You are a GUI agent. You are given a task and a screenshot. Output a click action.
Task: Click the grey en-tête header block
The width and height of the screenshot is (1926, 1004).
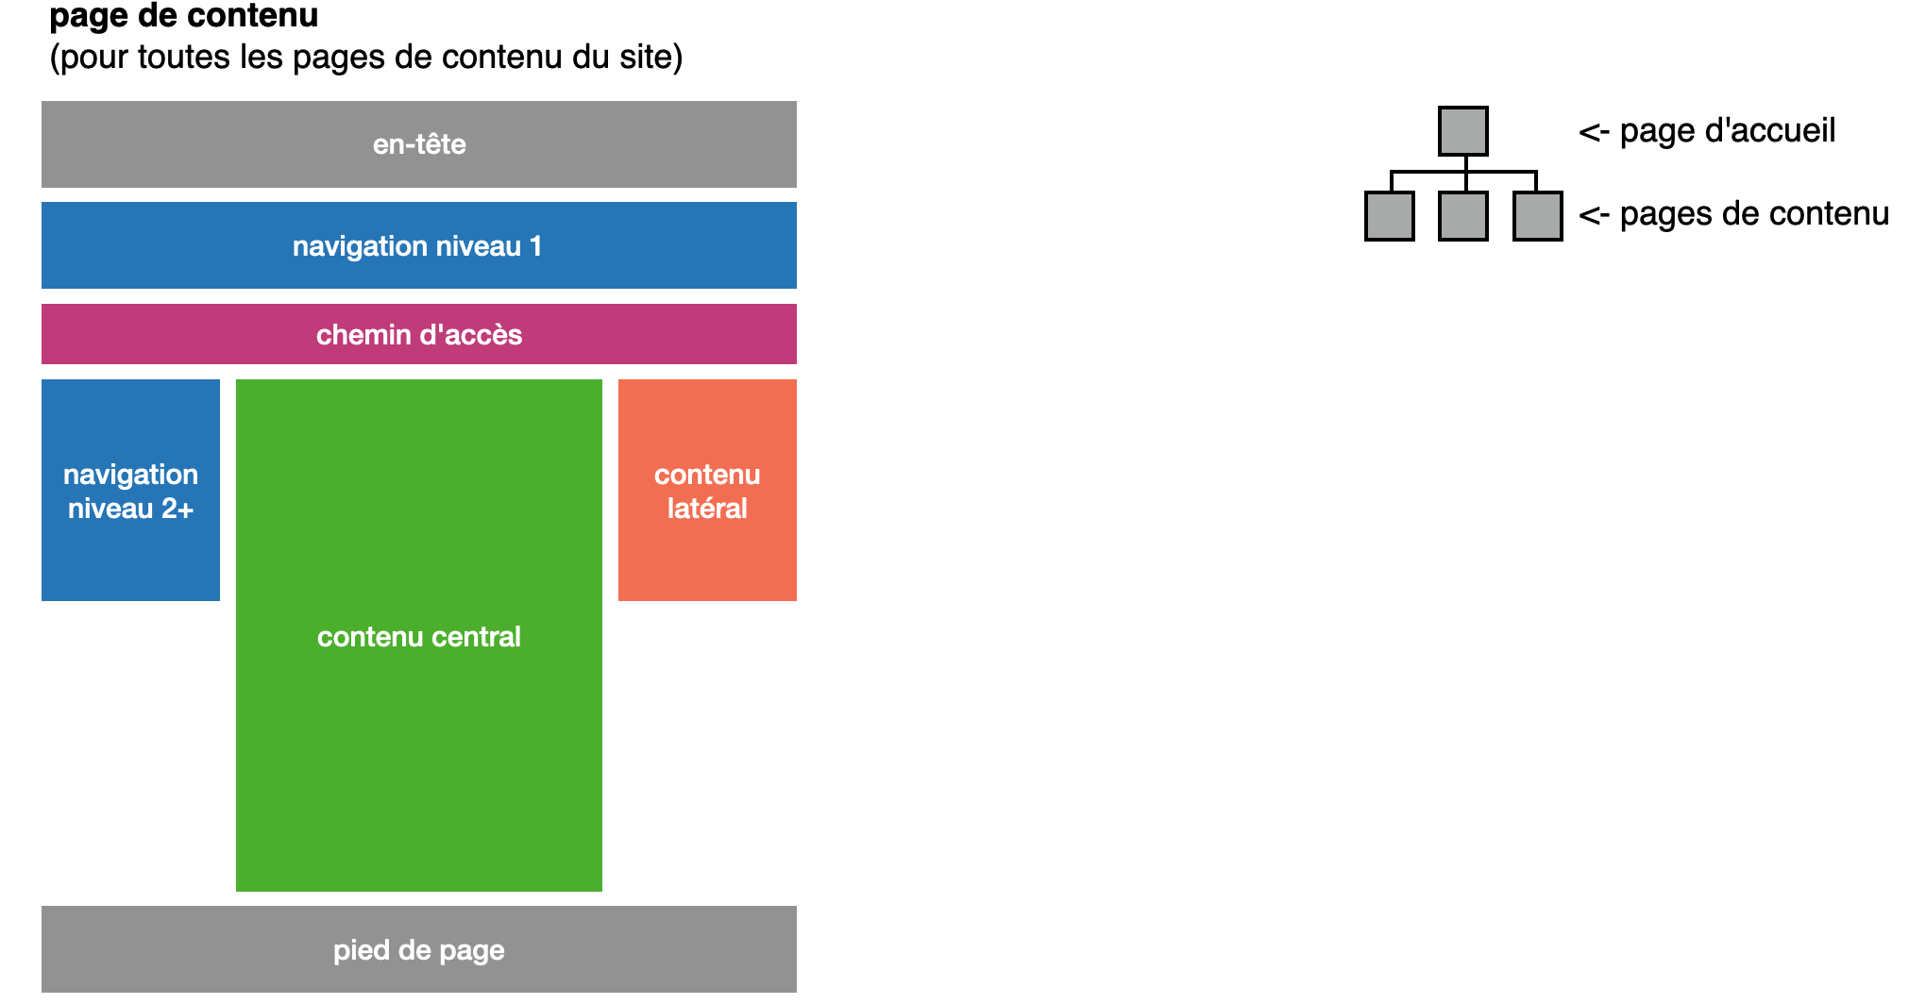[x=418, y=144]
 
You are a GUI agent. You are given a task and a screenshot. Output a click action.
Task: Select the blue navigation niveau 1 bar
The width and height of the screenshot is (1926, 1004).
[x=418, y=245]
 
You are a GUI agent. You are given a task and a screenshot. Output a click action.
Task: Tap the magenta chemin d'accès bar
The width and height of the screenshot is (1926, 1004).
[x=418, y=334]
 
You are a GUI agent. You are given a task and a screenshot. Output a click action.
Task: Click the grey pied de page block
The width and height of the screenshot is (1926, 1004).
[x=418, y=949]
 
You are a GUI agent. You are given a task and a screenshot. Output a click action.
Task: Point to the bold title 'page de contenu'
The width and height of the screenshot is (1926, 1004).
[x=183, y=16]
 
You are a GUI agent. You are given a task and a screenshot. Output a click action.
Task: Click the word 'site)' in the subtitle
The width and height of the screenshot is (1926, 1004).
[x=650, y=57]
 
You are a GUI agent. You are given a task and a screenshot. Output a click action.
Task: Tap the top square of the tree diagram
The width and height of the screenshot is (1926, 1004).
[x=1462, y=131]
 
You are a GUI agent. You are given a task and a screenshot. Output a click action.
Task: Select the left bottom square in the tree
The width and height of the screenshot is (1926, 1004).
[x=1389, y=216]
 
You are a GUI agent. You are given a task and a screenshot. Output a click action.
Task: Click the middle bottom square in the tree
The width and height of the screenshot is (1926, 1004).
[x=1462, y=216]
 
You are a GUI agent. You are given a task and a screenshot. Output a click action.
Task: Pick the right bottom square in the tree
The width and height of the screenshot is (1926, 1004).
[x=1537, y=216]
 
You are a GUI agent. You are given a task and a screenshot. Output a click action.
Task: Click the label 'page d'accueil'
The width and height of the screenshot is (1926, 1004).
[x=1727, y=130]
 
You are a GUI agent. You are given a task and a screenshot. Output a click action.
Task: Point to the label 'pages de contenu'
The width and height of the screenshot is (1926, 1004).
[x=1754, y=213]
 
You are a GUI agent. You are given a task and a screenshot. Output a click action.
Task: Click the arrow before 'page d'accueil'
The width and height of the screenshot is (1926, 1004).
[x=1594, y=132]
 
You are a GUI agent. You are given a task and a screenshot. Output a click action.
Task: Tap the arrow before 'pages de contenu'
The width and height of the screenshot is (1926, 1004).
[x=1594, y=215]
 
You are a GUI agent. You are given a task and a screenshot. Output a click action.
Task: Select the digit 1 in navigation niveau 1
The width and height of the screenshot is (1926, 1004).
[x=535, y=246]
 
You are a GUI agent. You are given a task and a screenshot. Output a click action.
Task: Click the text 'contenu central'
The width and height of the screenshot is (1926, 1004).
[x=418, y=637]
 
